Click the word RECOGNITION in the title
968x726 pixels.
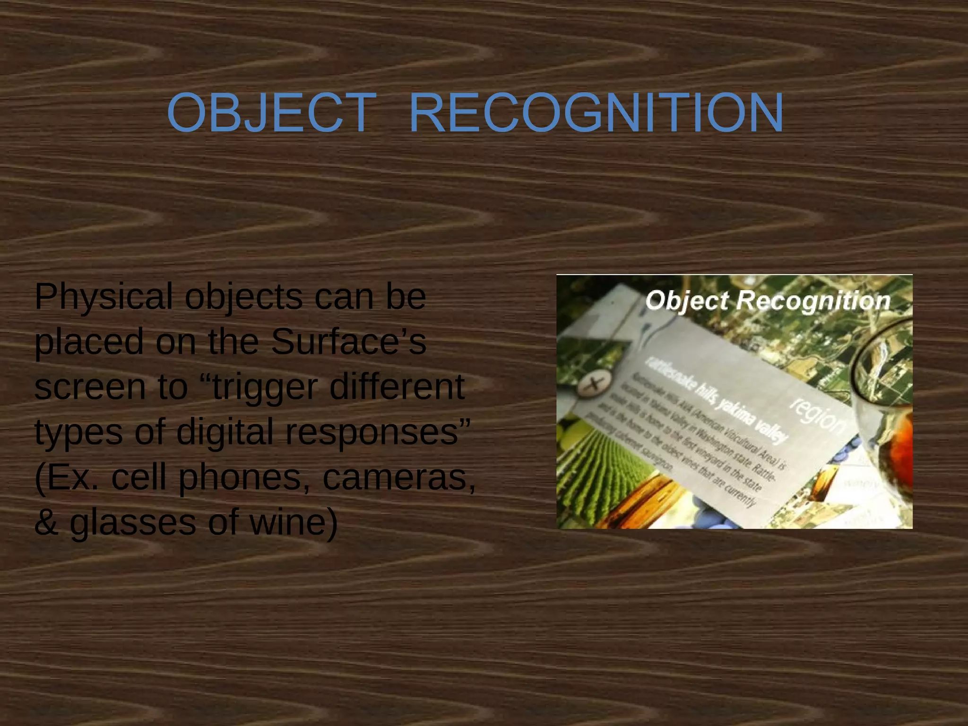coord(596,113)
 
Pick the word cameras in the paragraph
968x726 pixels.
coord(399,477)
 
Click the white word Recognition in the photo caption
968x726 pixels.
coord(813,301)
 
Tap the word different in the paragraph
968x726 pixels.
coord(397,387)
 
